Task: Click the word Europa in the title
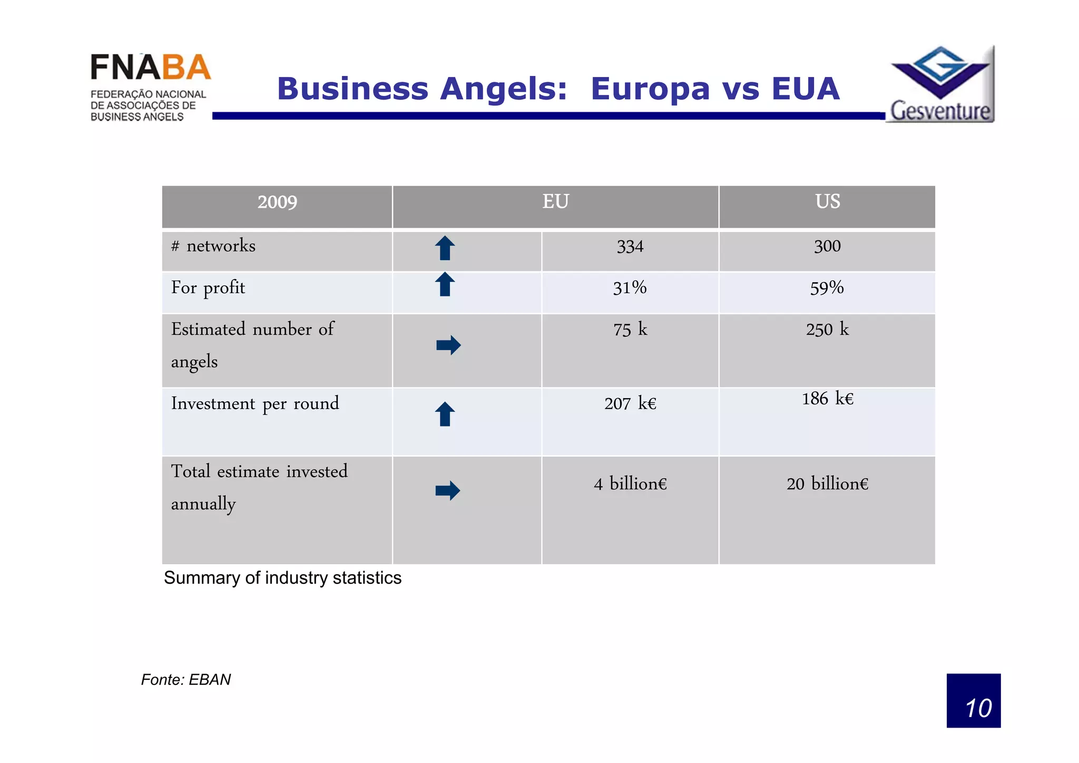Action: point(650,89)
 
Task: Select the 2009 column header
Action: point(277,202)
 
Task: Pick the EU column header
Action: point(555,202)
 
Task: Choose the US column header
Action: point(827,202)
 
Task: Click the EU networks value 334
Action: point(630,247)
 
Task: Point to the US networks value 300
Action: point(827,246)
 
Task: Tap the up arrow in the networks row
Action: point(445,248)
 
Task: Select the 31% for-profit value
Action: point(630,288)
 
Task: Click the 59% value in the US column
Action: point(827,288)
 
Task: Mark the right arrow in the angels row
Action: point(448,345)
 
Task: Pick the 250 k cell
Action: point(827,330)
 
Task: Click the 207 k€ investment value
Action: point(630,404)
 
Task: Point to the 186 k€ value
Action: point(827,399)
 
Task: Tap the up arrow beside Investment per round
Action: point(445,414)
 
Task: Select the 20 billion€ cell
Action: point(827,484)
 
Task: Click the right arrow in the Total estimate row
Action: point(448,491)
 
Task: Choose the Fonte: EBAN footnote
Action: point(186,680)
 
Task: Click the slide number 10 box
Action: point(973,701)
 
